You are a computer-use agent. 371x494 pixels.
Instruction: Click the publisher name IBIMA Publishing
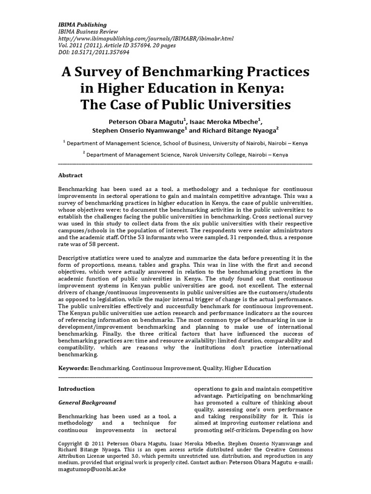(x=83, y=25)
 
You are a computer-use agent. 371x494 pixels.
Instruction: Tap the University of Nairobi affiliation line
(x=185, y=143)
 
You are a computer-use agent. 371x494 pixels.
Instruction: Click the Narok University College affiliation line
(x=185, y=155)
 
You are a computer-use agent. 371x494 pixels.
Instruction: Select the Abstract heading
(x=70, y=176)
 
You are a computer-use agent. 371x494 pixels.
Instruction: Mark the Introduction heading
(x=76, y=389)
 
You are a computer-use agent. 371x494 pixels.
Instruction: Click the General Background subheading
(x=87, y=402)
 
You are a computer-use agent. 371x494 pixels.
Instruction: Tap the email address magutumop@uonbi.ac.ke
(x=92, y=469)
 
